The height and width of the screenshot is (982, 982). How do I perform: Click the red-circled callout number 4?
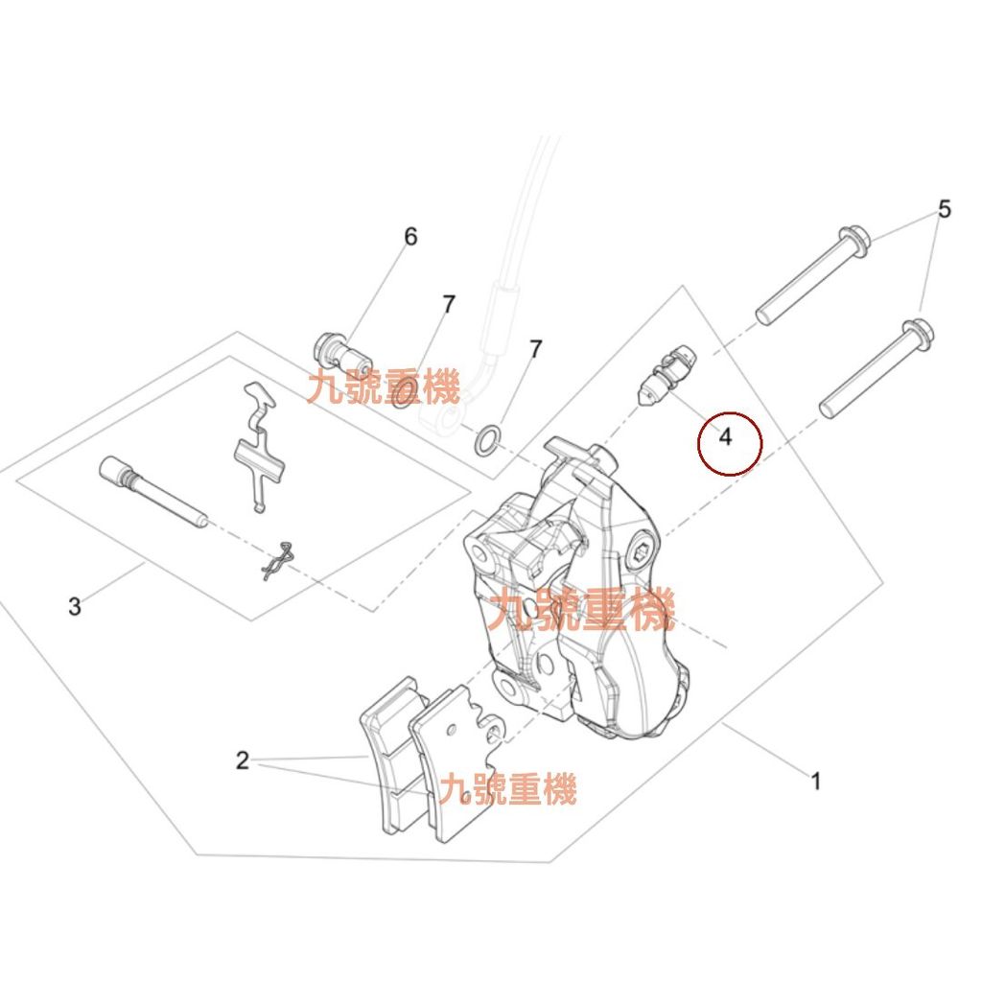click(x=725, y=436)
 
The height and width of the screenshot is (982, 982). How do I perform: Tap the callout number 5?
click(x=945, y=208)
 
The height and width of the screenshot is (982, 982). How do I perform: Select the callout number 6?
click(x=410, y=237)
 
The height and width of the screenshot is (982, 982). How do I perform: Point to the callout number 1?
click(x=815, y=781)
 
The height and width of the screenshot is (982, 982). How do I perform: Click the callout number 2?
click(x=243, y=760)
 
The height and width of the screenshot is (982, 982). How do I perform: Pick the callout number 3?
click(x=75, y=606)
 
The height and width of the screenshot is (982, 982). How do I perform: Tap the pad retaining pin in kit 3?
click(x=152, y=492)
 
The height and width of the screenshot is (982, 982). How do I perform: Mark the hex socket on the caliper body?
click(x=642, y=553)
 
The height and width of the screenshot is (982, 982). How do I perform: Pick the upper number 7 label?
click(x=449, y=305)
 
